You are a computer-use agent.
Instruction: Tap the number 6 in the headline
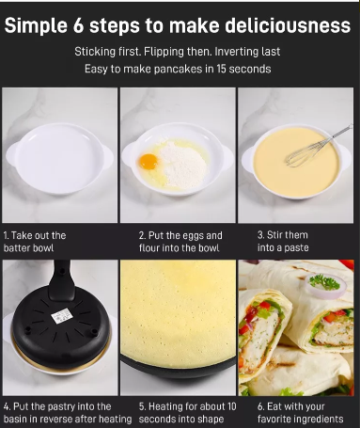coord(79,25)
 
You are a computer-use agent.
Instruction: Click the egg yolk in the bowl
coord(149,162)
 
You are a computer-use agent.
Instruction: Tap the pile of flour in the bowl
coord(182,164)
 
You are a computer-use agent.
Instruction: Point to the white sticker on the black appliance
coord(62,316)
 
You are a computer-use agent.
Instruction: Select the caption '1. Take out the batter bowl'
coord(35,242)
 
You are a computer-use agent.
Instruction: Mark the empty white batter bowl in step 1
coord(59,159)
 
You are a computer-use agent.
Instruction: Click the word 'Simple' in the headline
coord(36,25)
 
